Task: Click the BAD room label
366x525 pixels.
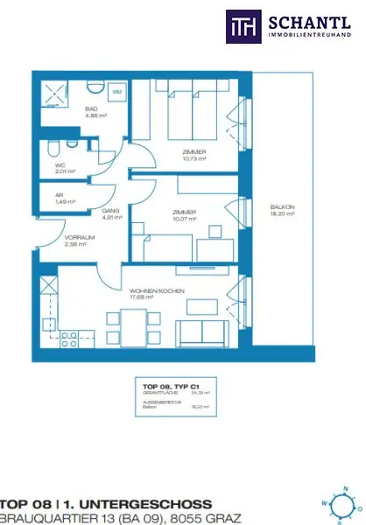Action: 94,108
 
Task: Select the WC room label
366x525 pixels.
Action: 61,165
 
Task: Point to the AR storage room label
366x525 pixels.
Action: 60,198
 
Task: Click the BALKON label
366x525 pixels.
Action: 282,208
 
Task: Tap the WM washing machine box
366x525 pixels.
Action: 116,90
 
